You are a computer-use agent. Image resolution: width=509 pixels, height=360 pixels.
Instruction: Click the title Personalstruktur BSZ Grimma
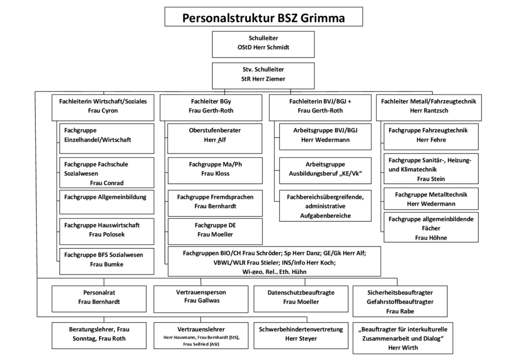[x=263, y=17]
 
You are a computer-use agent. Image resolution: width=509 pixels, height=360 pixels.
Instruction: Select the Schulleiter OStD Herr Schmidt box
[x=263, y=43]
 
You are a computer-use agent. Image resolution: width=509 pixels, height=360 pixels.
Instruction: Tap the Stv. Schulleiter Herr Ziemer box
[x=263, y=74]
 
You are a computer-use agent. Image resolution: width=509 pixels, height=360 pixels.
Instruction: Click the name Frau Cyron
[x=102, y=110]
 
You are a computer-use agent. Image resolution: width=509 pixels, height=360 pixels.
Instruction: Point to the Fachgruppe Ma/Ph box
[x=215, y=169]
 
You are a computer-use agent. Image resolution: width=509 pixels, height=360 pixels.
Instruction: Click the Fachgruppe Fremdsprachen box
[x=215, y=201]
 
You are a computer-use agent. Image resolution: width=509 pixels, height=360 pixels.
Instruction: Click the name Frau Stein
[x=431, y=179]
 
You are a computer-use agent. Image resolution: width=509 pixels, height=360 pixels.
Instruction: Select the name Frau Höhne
[x=431, y=238]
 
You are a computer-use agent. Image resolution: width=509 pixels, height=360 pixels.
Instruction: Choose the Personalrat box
[x=99, y=297]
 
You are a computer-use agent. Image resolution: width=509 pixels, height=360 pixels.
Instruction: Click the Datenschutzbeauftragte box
[x=301, y=297]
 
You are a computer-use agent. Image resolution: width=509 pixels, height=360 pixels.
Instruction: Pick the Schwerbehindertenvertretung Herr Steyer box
[x=301, y=334]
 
